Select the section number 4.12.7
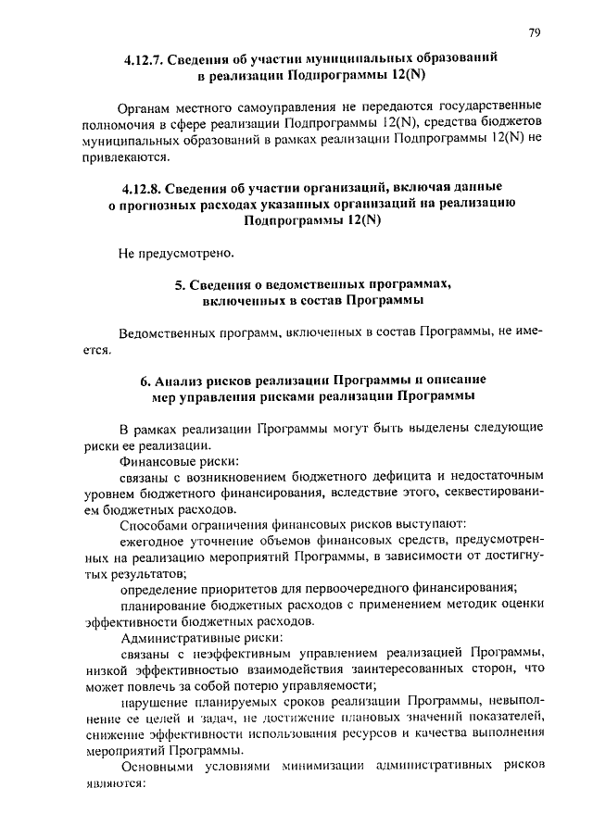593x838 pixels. [x=147, y=57]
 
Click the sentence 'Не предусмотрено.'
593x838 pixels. [x=176, y=252]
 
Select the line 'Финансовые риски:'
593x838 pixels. [x=179, y=460]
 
